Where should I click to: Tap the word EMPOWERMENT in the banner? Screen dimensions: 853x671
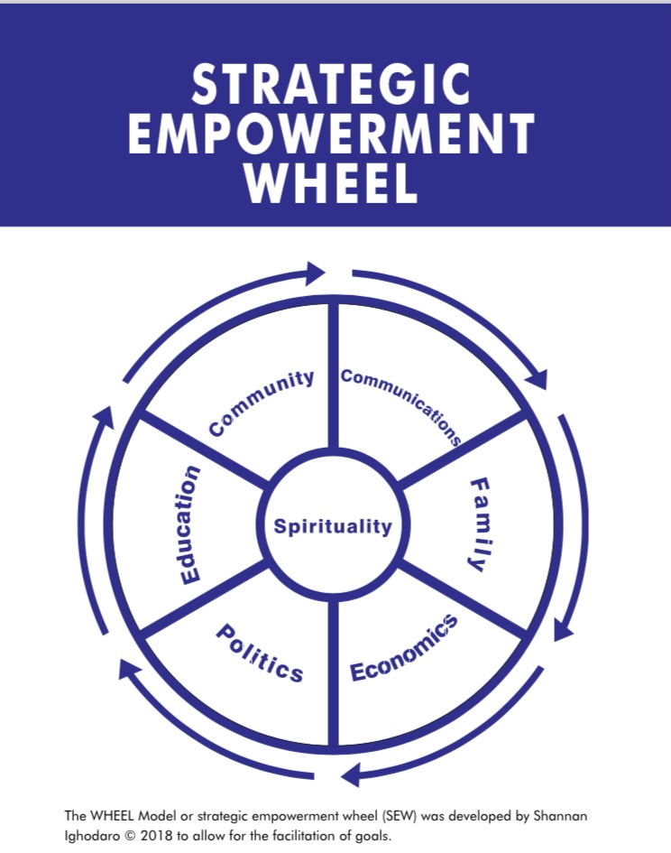pos(333,135)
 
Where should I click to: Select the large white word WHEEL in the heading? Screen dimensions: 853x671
pos(333,183)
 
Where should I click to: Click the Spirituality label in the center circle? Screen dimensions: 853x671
pos(334,526)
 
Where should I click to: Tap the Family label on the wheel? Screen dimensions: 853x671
pos(483,524)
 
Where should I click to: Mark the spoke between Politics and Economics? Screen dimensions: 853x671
pos(334,672)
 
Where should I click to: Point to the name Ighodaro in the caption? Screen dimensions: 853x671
pos(92,833)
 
